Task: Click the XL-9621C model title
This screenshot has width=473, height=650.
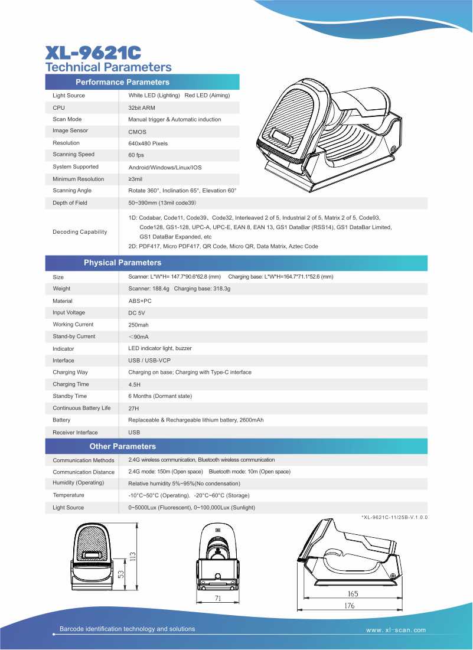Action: click(93, 53)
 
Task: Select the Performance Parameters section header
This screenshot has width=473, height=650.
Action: click(122, 82)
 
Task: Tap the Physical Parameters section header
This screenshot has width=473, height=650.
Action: click(122, 262)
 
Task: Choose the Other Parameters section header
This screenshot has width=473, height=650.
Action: click(122, 446)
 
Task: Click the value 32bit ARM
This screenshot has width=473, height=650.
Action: click(142, 108)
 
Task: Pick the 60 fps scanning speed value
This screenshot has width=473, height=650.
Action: click(136, 155)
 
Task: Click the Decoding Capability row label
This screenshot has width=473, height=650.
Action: click(80, 232)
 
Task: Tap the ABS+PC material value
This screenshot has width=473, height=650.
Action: click(140, 301)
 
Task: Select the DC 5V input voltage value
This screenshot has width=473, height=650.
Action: click(136, 313)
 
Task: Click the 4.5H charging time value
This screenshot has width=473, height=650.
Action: click(135, 384)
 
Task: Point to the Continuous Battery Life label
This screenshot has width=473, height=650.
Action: click(81, 408)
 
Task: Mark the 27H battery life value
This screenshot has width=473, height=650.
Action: click(133, 408)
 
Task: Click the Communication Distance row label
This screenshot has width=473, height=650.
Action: click(83, 472)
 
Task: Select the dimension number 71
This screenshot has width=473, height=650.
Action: click(217, 599)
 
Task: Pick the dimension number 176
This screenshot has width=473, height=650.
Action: click(351, 606)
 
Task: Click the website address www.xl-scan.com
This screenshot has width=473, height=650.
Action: click(396, 631)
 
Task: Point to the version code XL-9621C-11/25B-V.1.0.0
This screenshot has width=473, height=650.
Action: click(394, 517)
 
